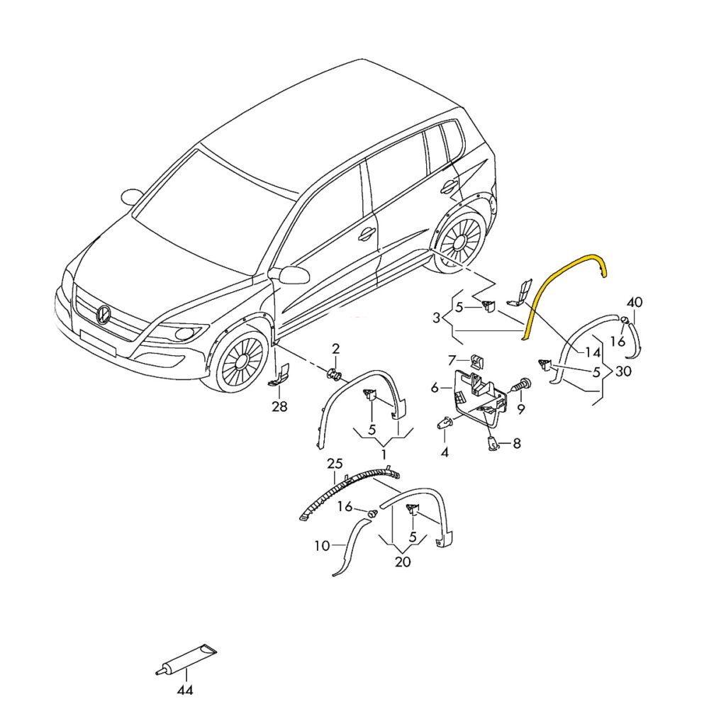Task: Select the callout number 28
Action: (279, 406)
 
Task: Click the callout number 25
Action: (335, 463)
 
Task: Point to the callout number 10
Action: (322, 546)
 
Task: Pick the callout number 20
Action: (403, 562)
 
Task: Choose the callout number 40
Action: (635, 302)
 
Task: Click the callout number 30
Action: (623, 372)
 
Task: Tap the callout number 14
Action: (592, 353)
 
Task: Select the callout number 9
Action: (521, 409)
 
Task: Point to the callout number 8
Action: (517, 444)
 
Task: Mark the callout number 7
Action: (452, 359)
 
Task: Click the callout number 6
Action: (435, 387)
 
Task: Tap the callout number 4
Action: (445, 452)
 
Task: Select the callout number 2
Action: (335, 348)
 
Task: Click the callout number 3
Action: (436, 318)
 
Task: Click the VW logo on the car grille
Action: (103, 315)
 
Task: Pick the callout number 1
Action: (384, 454)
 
